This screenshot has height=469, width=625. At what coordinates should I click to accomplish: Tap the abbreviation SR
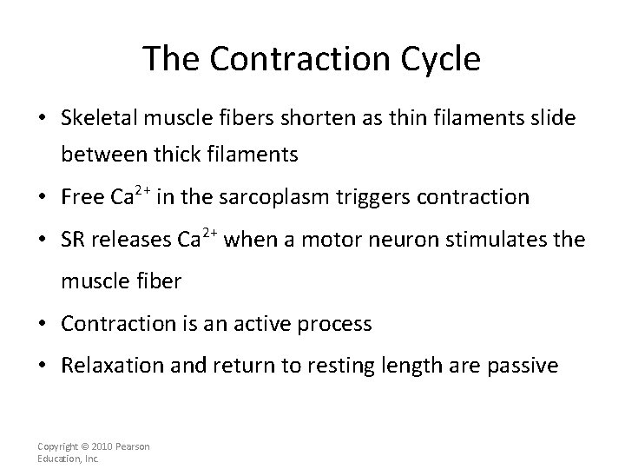[x=74, y=240]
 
